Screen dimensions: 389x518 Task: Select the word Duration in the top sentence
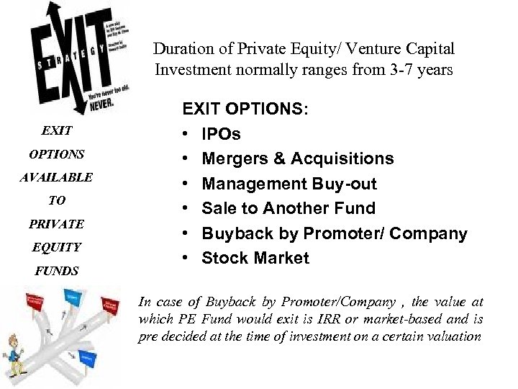coord(179,50)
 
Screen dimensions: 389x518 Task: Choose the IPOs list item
coord(222,134)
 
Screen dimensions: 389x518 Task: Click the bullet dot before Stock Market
coord(186,259)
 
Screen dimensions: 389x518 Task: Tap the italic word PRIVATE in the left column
coord(57,224)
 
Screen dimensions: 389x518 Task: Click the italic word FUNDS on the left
coord(56,271)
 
